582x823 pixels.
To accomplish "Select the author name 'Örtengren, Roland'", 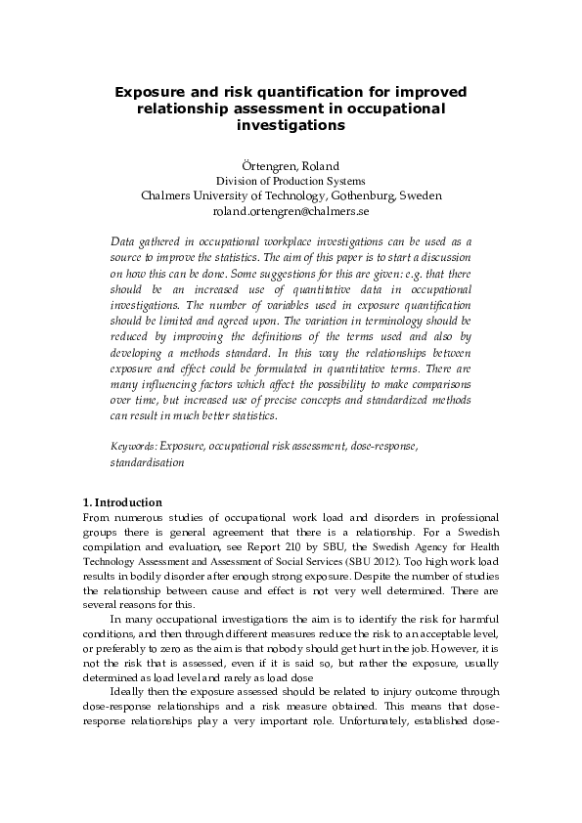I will point(291,165).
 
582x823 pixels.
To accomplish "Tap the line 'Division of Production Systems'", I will point(291,181).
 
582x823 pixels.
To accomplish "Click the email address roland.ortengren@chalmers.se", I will point(291,210).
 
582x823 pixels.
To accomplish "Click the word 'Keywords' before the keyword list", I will point(133,446).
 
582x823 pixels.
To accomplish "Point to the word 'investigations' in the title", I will point(291,126).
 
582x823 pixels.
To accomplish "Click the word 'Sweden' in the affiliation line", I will point(422,195).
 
